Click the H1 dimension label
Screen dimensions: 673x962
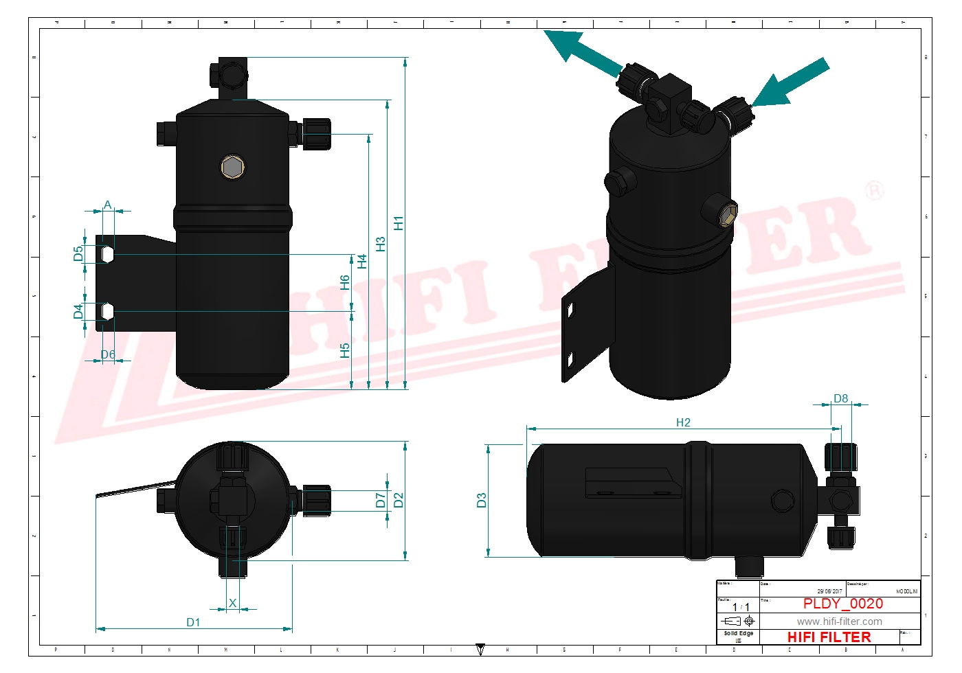(398, 223)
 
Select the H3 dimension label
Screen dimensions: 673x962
(380, 244)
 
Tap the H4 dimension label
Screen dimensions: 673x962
(362, 261)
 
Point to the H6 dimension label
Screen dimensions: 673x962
(345, 282)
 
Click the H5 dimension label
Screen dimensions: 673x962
(345, 350)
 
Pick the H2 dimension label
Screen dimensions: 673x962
(683, 422)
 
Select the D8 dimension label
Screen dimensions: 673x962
(840, 398)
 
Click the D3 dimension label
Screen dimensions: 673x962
(481, 500)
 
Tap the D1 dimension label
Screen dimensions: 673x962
(193, 622)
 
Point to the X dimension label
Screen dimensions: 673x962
(232, 603)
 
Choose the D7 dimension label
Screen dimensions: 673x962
(380, 500)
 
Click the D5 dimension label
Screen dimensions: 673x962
(78, 253)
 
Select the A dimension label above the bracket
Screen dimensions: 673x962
(107, 205)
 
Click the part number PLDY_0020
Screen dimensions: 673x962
(842, 604)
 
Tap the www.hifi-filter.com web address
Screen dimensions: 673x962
(839, 621)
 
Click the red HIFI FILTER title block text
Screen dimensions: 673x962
(829, 637)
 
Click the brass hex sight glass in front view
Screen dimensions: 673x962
(233, 166)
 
